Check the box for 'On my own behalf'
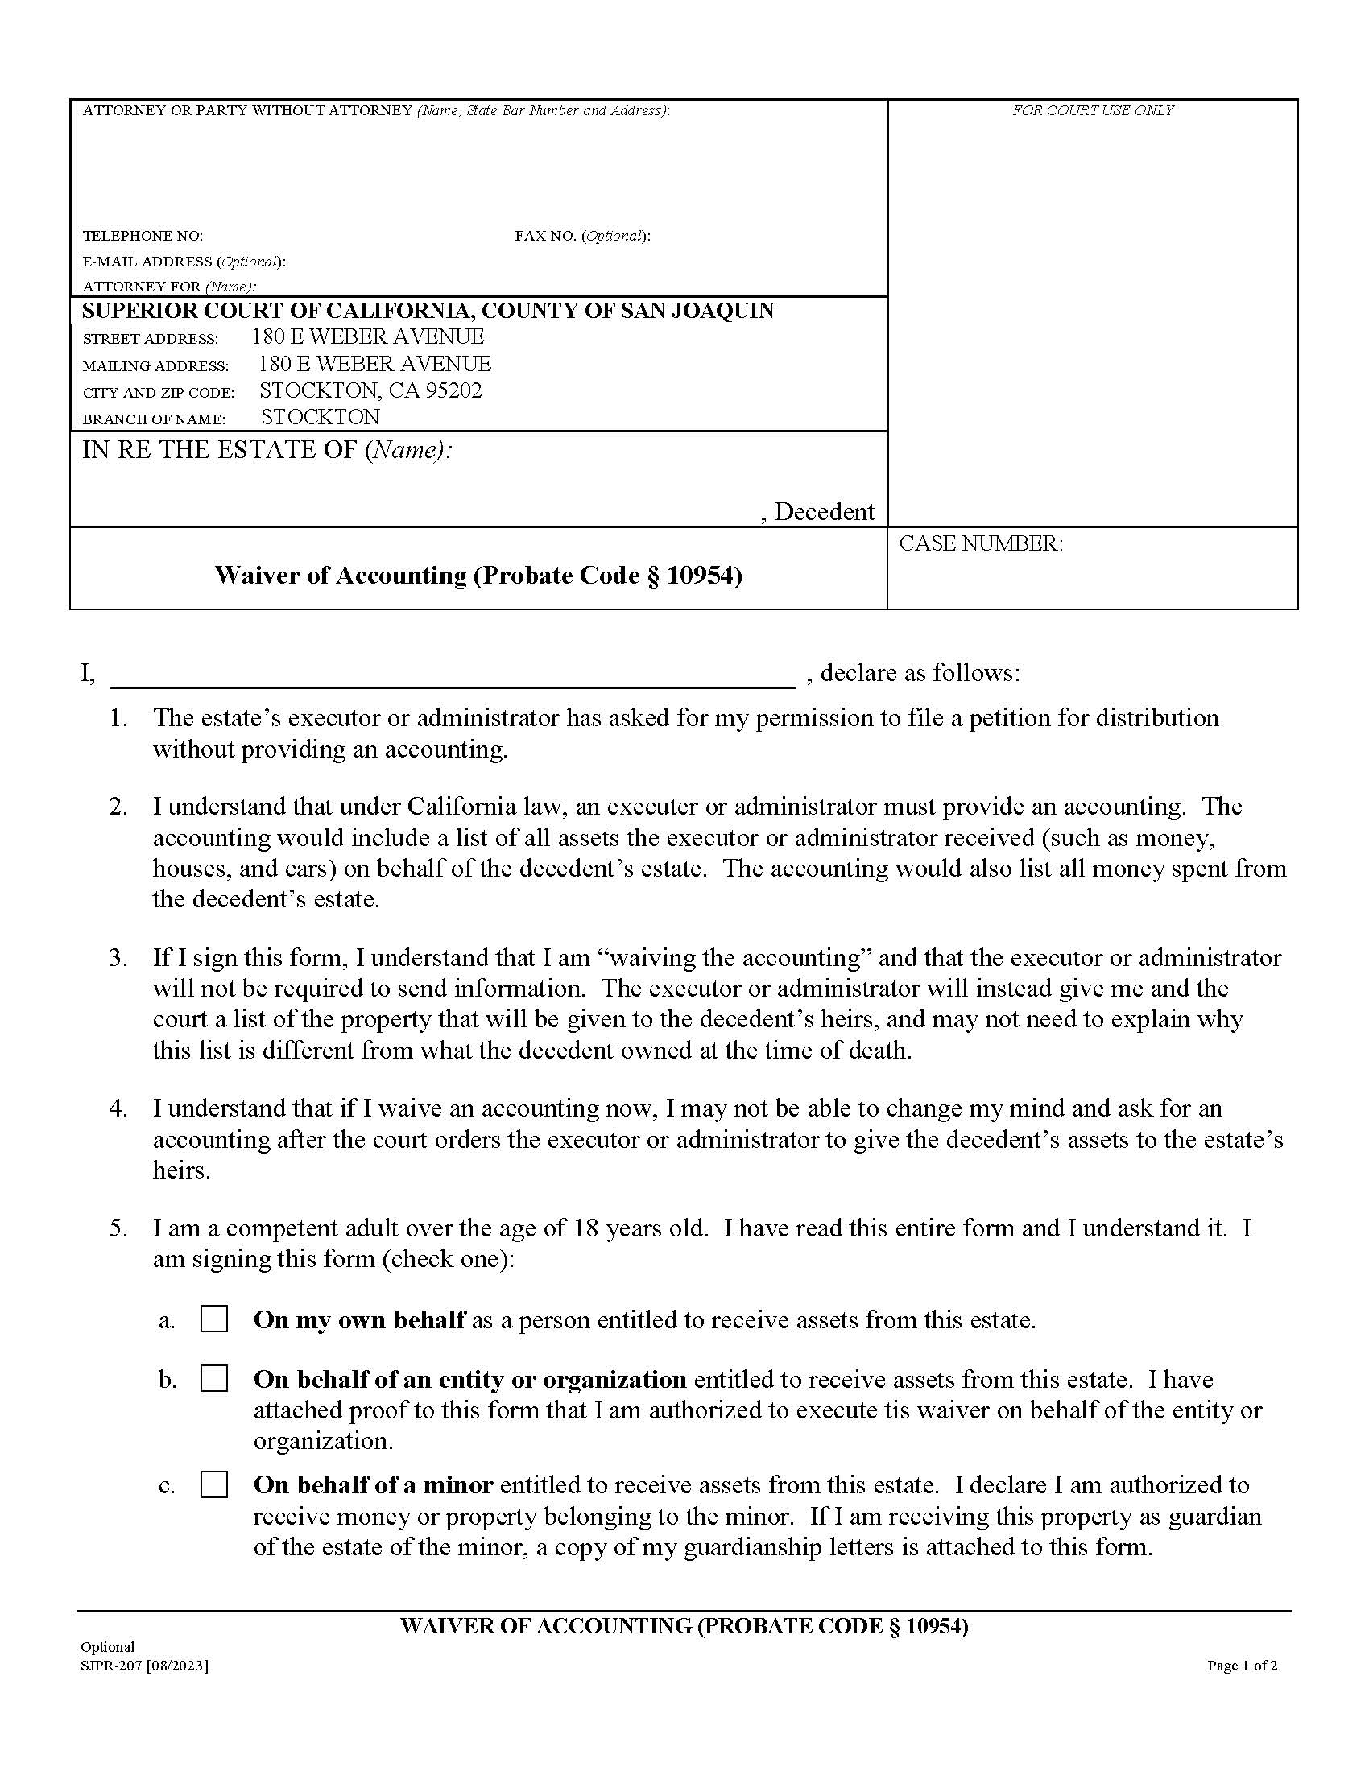pos(214,1319)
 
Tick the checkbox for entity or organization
pos(214,1378)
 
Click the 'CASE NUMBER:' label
pos(980,543)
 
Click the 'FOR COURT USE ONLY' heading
pos(1092,110)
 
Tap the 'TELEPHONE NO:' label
pos(143,236)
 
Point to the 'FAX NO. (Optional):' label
pos(581,236)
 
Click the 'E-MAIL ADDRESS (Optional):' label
pos(184,261)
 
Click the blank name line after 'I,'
pos(452,675)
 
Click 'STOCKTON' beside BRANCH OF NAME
pos(320,417)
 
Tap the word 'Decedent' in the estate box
pos(824,512)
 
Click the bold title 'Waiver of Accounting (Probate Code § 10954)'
pos(478,576)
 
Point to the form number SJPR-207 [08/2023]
pos(144,1666)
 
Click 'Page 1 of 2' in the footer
pos(1242,1666)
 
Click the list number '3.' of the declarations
pos(118,958)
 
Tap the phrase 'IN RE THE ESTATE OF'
pos(219,450)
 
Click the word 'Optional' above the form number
pos(107,1647)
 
